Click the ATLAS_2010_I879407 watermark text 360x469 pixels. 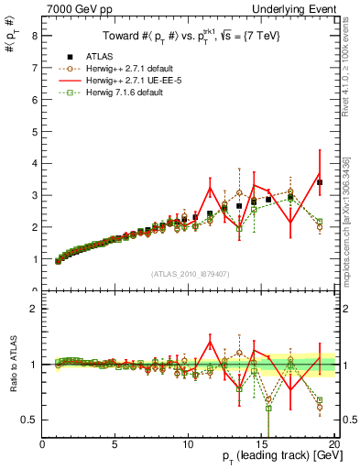coord(190,273)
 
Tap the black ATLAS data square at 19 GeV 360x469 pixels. coord(320,182)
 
